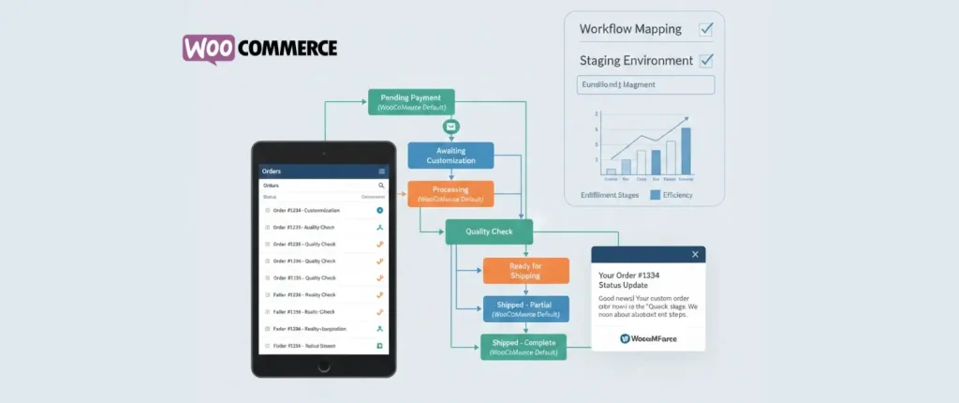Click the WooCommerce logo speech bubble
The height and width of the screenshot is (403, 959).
pos(208,48)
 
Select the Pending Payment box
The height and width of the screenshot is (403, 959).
pos(411,102)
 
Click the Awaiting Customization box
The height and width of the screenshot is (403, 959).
pos(450,156)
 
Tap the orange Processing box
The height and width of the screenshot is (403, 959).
pos(450,194)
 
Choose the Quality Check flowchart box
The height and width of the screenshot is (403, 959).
pos(488,231)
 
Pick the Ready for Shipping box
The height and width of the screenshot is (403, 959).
pos(525,270)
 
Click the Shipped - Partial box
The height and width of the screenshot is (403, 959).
pos(525,308)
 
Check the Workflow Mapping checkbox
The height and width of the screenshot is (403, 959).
pos(706,29)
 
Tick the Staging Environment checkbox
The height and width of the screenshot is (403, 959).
pos(706,61)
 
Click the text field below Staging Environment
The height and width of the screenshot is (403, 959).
pos(646,85)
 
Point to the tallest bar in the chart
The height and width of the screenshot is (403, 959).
pos(686,151)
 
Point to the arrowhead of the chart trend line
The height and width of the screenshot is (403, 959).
pos(686,119)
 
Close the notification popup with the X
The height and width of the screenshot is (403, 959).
pos(694,254)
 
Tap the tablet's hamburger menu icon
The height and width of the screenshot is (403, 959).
pos(381,172)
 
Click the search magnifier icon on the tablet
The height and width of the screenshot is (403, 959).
pos(381,186)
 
